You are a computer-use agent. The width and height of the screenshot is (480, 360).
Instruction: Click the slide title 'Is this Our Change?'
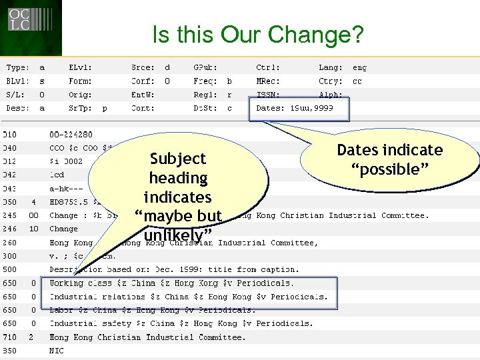coord(258,35)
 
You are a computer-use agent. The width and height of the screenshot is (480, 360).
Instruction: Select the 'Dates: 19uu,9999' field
coord(299,107)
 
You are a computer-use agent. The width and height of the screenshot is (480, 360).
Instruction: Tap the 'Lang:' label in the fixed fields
coord(331,67)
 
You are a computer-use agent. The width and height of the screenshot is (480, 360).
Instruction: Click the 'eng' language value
coord(359,67)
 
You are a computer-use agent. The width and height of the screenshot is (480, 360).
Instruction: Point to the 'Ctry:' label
coord(331,81)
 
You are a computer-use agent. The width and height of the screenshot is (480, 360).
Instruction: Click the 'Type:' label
coord(17,67)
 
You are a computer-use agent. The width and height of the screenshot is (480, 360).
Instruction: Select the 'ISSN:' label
coord(268,94)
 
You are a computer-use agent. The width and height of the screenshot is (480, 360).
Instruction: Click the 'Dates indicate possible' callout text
coord(390,159)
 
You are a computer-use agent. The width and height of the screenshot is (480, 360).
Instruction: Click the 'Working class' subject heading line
coord(171,283)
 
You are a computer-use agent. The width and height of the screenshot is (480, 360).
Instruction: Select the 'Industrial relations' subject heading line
coord(189,297)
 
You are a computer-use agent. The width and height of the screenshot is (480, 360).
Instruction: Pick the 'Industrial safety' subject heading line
coord(181,323)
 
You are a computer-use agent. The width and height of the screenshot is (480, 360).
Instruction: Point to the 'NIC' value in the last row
coord(57,350)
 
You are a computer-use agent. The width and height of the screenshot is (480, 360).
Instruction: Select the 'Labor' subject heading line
coord(152,310)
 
